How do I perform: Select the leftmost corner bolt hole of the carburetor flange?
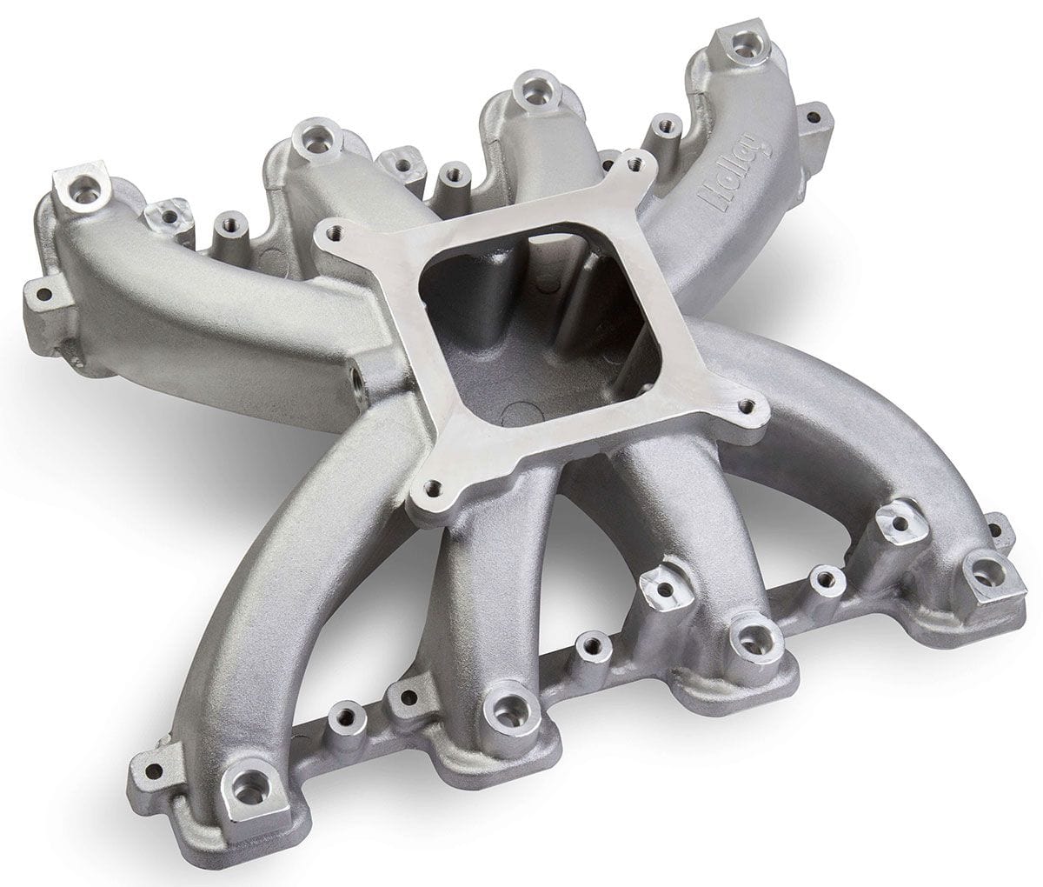327,231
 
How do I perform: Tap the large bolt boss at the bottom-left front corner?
250,790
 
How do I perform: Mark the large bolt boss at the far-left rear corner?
83,193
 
